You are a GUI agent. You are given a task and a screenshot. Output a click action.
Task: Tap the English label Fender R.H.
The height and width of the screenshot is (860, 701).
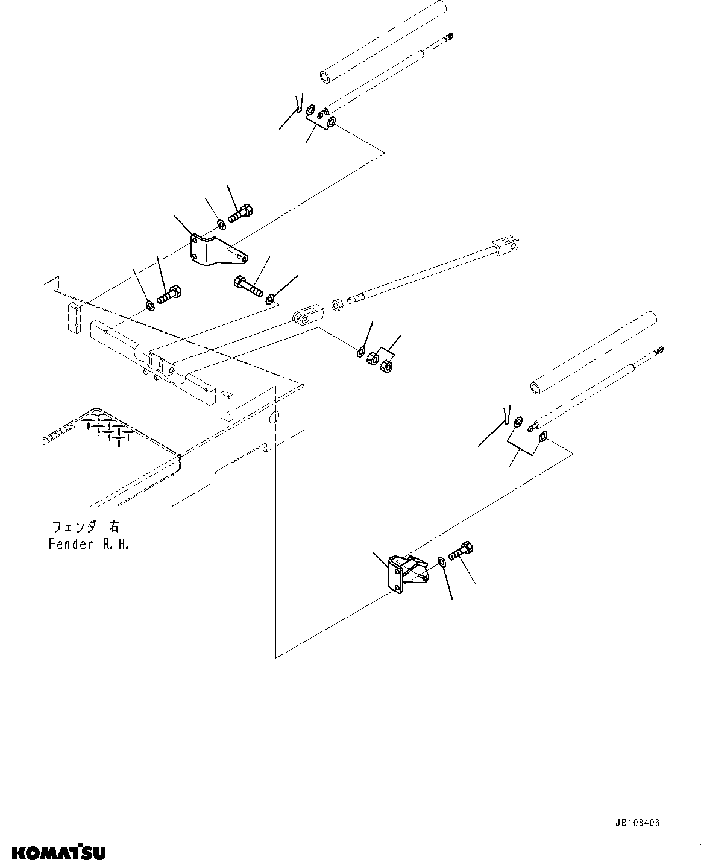(x=89, y=544)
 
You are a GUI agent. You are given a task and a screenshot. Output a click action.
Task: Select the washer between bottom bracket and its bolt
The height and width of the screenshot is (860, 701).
(x=442, y=562)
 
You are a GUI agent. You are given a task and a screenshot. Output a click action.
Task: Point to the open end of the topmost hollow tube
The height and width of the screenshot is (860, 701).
(x=325, y=77)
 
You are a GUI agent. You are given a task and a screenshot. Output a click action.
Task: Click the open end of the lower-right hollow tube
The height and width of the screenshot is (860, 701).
(x=536, y=386)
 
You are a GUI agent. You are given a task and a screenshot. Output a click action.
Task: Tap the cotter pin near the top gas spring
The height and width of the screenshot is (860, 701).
(x=298, y=104)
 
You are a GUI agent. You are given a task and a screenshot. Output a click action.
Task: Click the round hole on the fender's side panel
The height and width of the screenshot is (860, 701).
(x=274, y=417)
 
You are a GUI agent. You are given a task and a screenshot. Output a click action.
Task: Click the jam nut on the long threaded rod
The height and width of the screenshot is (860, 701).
(x=338, y=303)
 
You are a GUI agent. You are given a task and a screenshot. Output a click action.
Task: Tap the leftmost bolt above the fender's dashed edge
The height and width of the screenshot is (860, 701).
(x=169, y=296)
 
